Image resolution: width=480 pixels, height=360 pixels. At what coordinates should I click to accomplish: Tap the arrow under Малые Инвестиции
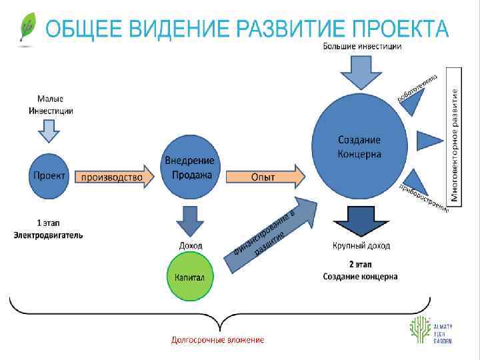(x=49, y=133)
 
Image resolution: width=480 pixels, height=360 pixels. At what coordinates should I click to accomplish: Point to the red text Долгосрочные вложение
(x=217, y=340)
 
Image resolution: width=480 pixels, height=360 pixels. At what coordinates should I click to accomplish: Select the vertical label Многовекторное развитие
(x=455, y=145)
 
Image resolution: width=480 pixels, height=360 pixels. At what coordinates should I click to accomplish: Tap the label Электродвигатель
(x=49, y=236)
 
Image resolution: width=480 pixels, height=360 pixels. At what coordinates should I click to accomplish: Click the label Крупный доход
(x=361, y=246)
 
